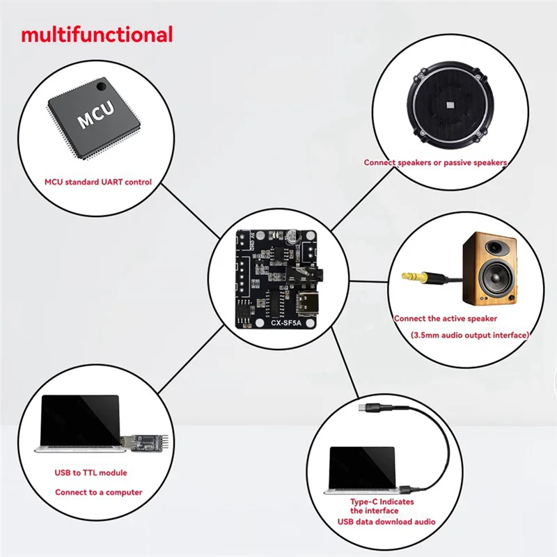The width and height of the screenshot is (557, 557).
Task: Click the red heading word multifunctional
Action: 97,34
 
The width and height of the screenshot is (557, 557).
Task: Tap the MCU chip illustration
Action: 93,120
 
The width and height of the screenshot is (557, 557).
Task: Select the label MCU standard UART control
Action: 98,182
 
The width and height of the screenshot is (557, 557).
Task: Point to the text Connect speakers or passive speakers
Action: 435,162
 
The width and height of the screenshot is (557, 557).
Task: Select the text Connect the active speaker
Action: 446,318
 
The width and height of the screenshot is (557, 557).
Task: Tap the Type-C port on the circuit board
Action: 308,303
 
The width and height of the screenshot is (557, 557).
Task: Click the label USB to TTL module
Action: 91,473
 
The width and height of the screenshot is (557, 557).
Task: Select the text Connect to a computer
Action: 99,492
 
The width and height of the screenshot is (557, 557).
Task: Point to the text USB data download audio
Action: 386,521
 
